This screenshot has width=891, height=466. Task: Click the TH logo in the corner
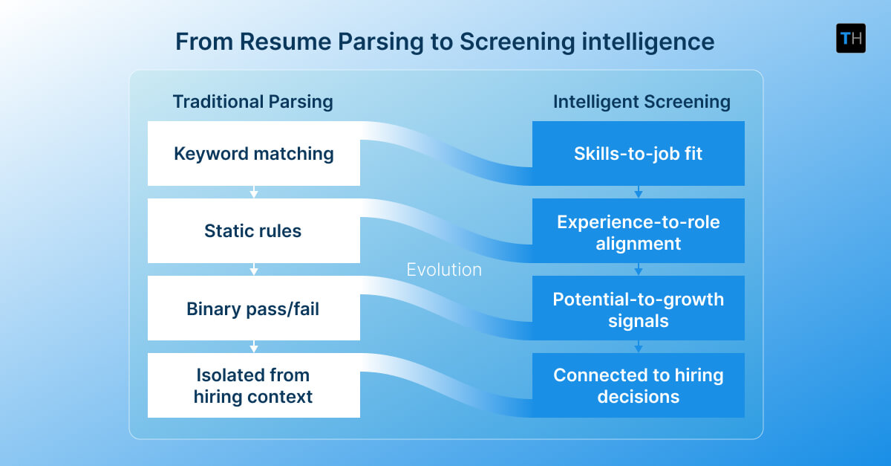coord(850,38)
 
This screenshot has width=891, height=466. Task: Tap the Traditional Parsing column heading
coord(252,102)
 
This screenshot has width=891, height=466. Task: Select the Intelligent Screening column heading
coord(642,102)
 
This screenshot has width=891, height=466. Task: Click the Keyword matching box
coord(254,154)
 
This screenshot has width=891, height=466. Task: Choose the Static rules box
coord(254,231)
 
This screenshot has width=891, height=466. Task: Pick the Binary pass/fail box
coord(254,308)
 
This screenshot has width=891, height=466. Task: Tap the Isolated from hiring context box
coord(254,386)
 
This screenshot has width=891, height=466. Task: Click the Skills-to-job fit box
coord(638,154)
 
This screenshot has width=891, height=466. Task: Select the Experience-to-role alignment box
coord(638,231)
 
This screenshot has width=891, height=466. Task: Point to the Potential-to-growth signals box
coord(638,308)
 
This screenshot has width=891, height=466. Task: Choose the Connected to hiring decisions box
coord(638,386)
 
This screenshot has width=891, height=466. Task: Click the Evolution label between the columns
coord(444,270)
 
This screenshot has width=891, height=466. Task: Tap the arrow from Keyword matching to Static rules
coord(254,192)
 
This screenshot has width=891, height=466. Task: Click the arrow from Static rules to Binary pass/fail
coord(254,270)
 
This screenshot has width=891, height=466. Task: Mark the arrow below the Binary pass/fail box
coord(254,347)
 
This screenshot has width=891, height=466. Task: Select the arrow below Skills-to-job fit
coord(638,192)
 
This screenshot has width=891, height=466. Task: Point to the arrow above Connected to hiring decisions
coord(638,347)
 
